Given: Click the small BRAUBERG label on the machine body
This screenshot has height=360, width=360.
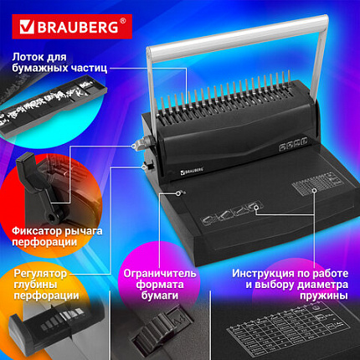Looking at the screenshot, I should pyautogui.click(x=198, y=173).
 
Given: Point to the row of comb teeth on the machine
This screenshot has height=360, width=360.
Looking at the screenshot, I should pyautogui.click(x=234, y=109).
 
